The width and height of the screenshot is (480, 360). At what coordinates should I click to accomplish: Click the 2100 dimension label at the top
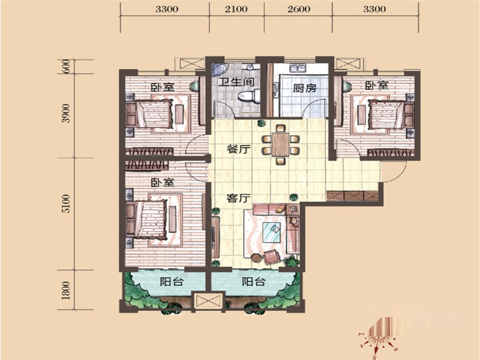(x=236, y=9)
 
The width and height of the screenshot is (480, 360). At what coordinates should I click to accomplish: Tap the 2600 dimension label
(x=299, y=9)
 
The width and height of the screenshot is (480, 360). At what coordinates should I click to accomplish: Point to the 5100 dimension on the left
(x=66, y=203)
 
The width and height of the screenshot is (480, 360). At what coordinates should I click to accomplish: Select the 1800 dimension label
(x=66, y=290)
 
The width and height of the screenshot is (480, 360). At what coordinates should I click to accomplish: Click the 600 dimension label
(x=66, y=67)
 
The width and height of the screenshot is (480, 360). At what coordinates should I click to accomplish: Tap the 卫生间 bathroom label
(x=236, y=82)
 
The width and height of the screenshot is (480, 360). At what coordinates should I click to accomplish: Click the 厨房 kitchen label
(x=305, y=88)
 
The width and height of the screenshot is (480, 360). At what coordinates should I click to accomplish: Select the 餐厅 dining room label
(x=238, y=149)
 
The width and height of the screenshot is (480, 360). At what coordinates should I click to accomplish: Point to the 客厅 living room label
(x=238, y=198)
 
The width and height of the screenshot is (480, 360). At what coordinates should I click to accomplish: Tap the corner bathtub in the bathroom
(x=220, y=70)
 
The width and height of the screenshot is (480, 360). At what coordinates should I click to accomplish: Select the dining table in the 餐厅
(x=280, y=144)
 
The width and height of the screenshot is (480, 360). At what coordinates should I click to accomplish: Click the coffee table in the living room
(x=272, y=232)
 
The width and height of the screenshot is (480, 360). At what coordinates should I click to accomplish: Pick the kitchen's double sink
(x=298, y=68)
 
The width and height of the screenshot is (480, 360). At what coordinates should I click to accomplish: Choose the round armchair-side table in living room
(x=256, y=258)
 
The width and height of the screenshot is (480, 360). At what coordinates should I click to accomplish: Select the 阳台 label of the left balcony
(x=172, y=281)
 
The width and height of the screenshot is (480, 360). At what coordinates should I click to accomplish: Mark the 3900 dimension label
(x=66, y=113)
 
